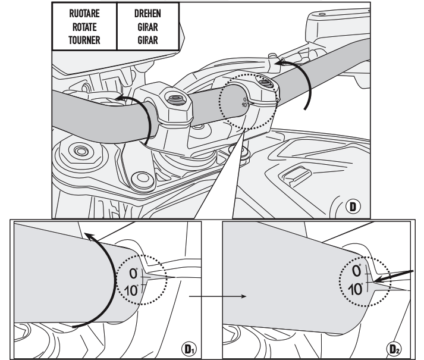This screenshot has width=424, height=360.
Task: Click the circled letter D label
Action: click(354, 208)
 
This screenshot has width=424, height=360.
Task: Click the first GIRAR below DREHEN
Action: click(146, 27)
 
